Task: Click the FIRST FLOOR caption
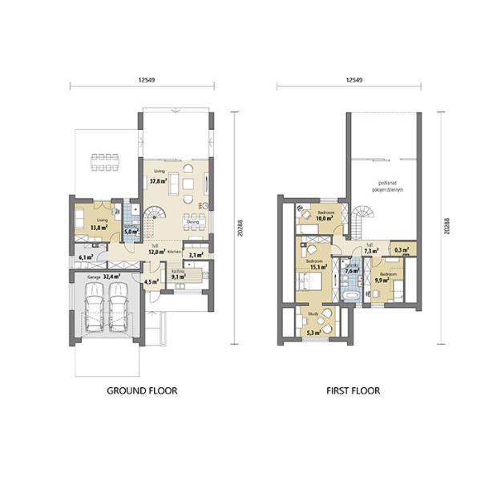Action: point(353,391)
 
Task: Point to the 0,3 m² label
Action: point(403,250)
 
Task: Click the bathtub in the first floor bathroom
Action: point(350,293)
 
